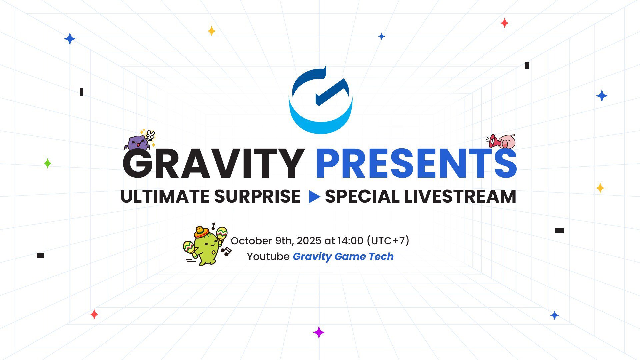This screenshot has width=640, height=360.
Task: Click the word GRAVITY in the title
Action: pos(213,164)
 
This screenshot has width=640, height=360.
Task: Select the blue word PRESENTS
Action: pos(416,164)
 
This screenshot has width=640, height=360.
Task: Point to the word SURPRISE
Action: pos(257,196)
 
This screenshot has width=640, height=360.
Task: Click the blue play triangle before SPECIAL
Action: pos(314,197)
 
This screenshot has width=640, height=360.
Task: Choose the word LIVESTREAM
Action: pos(460,196)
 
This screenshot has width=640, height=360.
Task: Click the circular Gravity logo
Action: pos(321,100)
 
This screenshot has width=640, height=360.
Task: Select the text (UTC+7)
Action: pos(388,241)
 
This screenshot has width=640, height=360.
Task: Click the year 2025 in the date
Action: pos(309,241)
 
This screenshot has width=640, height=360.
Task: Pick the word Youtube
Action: pos(268,256)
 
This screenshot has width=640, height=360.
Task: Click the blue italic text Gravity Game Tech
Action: pos(343,256)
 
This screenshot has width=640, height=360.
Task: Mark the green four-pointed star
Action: pos(48,163)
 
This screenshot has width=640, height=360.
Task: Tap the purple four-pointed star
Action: pos(319,332)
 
